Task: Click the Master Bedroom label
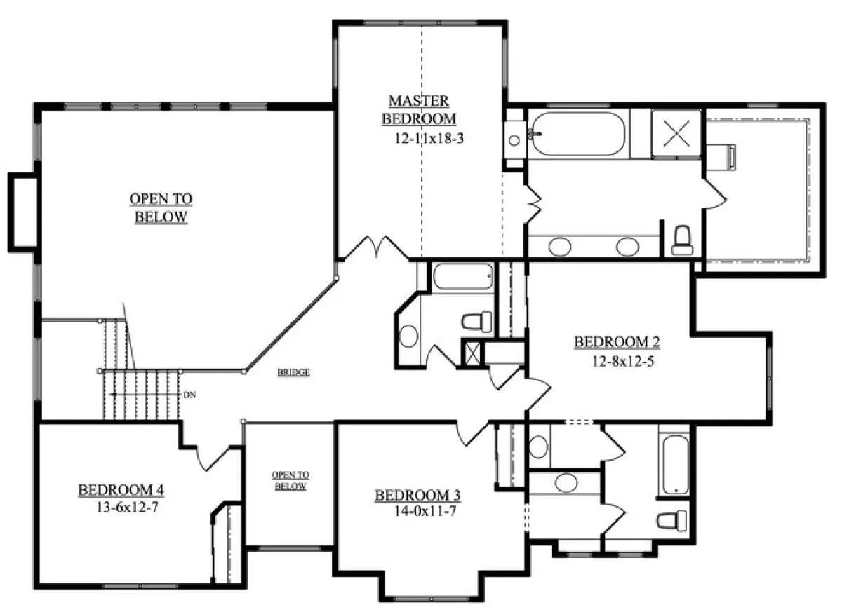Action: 419,109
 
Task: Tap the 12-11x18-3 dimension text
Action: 429,139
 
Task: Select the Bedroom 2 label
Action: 617,342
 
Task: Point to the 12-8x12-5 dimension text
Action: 623,361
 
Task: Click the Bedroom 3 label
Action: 417,496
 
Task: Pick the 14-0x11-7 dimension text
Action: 425,511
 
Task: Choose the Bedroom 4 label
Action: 121,490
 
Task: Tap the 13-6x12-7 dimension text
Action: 128,508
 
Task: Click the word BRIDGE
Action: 293,372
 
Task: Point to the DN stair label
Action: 190,395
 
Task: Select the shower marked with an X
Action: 676,133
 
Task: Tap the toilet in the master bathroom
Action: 682,240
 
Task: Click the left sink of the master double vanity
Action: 560,247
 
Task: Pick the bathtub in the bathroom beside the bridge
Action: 463,276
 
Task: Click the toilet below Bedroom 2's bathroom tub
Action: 671,520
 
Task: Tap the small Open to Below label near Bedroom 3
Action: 290,481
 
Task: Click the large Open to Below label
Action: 161,208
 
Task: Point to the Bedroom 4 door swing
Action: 213,457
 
